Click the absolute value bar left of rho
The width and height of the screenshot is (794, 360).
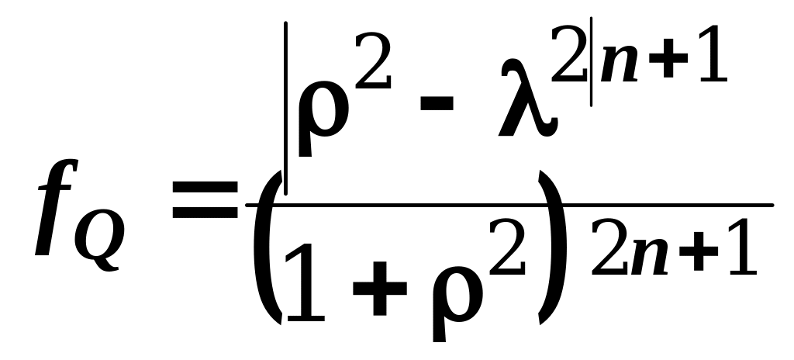click(286, 109)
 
